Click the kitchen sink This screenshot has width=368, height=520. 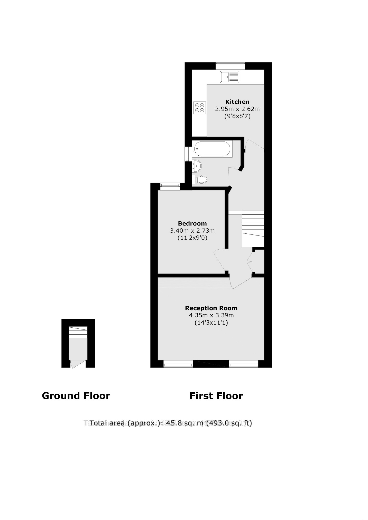(229, 77)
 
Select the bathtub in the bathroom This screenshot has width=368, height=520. (212, 149)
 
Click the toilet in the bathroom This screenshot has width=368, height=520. (201, 179)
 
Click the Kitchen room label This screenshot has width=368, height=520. (237, 102)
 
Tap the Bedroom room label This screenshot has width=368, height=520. (192, 223)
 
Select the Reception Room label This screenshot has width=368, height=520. (211, 308)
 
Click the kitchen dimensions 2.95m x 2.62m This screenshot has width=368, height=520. (237, 109)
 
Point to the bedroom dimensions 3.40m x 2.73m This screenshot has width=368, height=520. (192, 231)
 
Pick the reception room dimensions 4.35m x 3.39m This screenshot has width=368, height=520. (211, 315)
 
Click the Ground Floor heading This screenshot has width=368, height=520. (76, 396)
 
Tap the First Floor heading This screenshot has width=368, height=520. (216, 396)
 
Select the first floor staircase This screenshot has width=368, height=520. (253, 229)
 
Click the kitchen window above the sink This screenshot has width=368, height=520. (230, 66)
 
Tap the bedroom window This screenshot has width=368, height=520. (170, 186)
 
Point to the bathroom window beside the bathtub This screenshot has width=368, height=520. (189, 154)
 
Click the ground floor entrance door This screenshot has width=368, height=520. (77, 364)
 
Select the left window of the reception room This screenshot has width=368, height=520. (178, 364)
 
